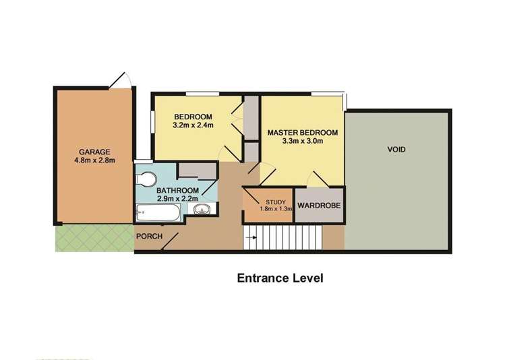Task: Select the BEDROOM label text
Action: tap(193, 116)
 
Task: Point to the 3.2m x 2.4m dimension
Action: tap(193, 125)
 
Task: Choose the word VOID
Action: tap(396, 149)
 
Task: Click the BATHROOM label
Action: tap(178, 190)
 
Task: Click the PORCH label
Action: tap(148, 237)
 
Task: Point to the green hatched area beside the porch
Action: tap(93, 237)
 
